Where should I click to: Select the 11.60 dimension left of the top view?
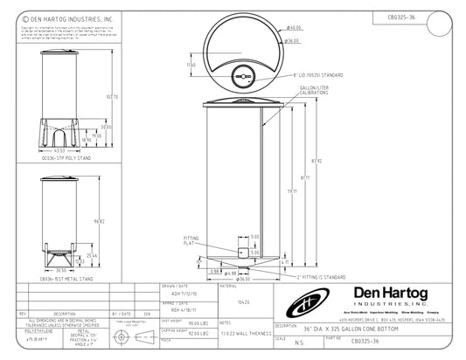191,65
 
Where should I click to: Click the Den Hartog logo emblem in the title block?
305,306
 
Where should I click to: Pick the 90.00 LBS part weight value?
187,324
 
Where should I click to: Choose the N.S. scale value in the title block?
301,343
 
